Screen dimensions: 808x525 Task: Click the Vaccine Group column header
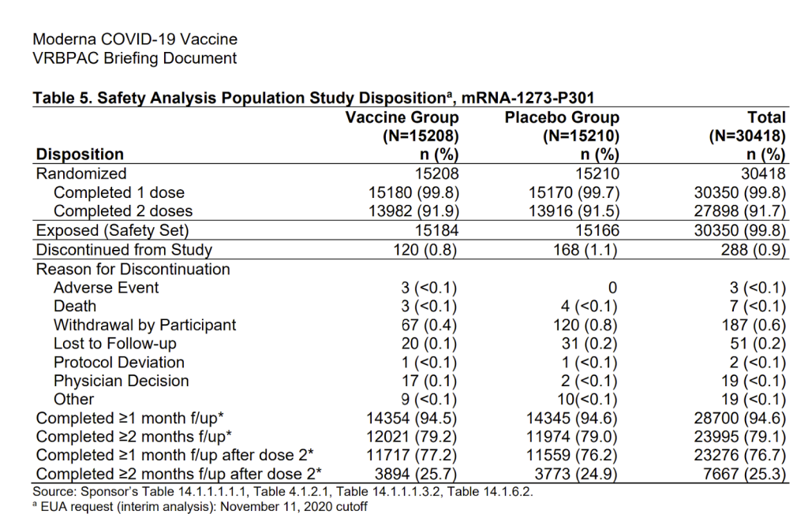[402, 117]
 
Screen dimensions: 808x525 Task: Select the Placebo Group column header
[562, 117]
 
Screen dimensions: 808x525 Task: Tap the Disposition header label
[80, 154]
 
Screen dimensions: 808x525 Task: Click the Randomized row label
[81, 173]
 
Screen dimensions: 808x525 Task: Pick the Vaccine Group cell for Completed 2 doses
[413, 211]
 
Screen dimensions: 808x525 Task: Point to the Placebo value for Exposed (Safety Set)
[597, 230]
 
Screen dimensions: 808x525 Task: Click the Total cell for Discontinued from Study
[753, 250]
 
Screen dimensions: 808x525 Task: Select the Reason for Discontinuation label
[133, 269]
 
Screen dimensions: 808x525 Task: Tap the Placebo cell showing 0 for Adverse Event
[612, 288]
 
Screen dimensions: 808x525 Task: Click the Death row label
[75, 306]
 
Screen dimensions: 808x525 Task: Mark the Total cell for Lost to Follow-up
[758, 344]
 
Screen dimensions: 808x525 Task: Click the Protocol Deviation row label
[118, 363]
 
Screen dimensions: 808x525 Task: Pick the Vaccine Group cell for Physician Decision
[429, 381]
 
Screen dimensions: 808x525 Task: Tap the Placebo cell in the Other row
[587, 400]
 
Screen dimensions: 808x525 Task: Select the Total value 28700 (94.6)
[740, 418]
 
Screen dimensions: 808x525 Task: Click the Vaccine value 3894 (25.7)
[415, 474]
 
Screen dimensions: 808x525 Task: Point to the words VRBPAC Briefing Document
[134, 58]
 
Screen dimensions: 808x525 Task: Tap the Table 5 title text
[313, 98]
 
